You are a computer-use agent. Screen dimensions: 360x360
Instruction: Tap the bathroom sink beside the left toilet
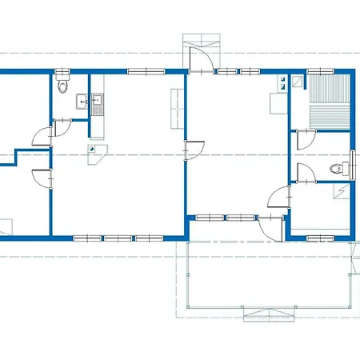pos(82,101)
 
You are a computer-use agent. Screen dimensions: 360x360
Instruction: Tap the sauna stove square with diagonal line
pos(297,80)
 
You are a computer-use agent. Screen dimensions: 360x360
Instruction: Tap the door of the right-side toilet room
pos(304,173)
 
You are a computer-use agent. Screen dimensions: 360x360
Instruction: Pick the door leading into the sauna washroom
pos(304,141)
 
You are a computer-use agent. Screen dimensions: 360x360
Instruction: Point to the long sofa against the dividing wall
pos(174,111)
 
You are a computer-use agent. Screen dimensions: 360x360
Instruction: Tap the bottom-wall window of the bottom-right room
pos(320,237)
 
